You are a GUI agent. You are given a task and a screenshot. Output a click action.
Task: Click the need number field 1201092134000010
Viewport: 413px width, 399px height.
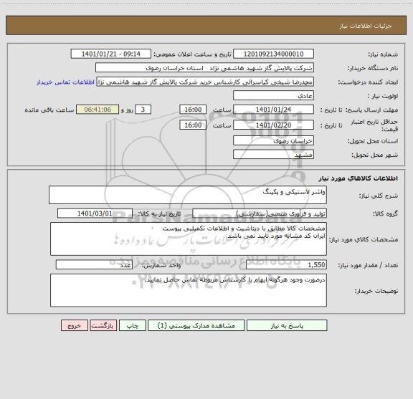(274, 54)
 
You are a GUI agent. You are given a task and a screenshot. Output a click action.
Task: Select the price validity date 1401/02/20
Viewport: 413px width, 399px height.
(274, 125)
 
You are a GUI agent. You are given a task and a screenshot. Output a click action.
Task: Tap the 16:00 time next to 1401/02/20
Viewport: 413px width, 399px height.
(192, 125)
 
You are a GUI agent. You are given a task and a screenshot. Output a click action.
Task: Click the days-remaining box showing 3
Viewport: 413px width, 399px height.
(144, 110)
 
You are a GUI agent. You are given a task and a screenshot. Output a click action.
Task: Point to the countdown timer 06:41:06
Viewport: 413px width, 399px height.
(102, 110)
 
